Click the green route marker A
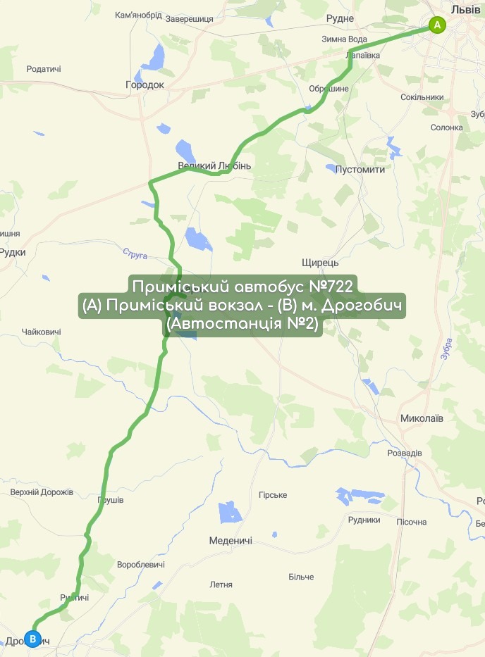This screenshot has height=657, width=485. (x=437, y=25)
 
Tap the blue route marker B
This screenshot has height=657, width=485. (x=32, y=639)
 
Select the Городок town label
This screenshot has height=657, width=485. (x=145, y=85)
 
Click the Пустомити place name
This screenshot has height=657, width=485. (x=360, y=170)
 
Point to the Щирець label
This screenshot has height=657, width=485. (x=320, y=263)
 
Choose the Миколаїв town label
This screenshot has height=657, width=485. (x=422, y=418)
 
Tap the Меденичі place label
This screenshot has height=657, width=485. (x=231, y=541)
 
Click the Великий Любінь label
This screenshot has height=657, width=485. (x=214, y=166)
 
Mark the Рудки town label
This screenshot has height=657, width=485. (x=13, y=252)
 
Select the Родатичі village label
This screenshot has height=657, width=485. (x=44, y=69)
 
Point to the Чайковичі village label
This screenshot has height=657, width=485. (x=42, y=332)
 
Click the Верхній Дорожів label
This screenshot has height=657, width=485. (x=42, y=492)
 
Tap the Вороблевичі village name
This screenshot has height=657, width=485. (x=141, y=565)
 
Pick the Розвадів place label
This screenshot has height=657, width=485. (x=405, y=453)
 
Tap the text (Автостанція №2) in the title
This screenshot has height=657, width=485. (x=242, y=325)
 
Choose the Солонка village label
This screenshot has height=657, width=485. (x=447, y=127)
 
